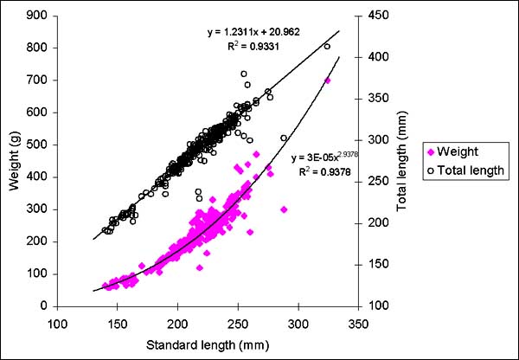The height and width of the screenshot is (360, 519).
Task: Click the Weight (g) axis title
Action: point(12,161)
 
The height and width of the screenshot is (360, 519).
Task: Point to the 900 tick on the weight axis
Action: point(35,15)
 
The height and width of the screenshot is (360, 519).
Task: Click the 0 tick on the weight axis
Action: point(42,306)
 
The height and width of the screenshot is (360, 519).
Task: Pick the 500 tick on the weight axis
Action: point(35,145)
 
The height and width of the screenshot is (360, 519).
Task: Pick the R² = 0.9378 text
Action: point(317,172)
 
